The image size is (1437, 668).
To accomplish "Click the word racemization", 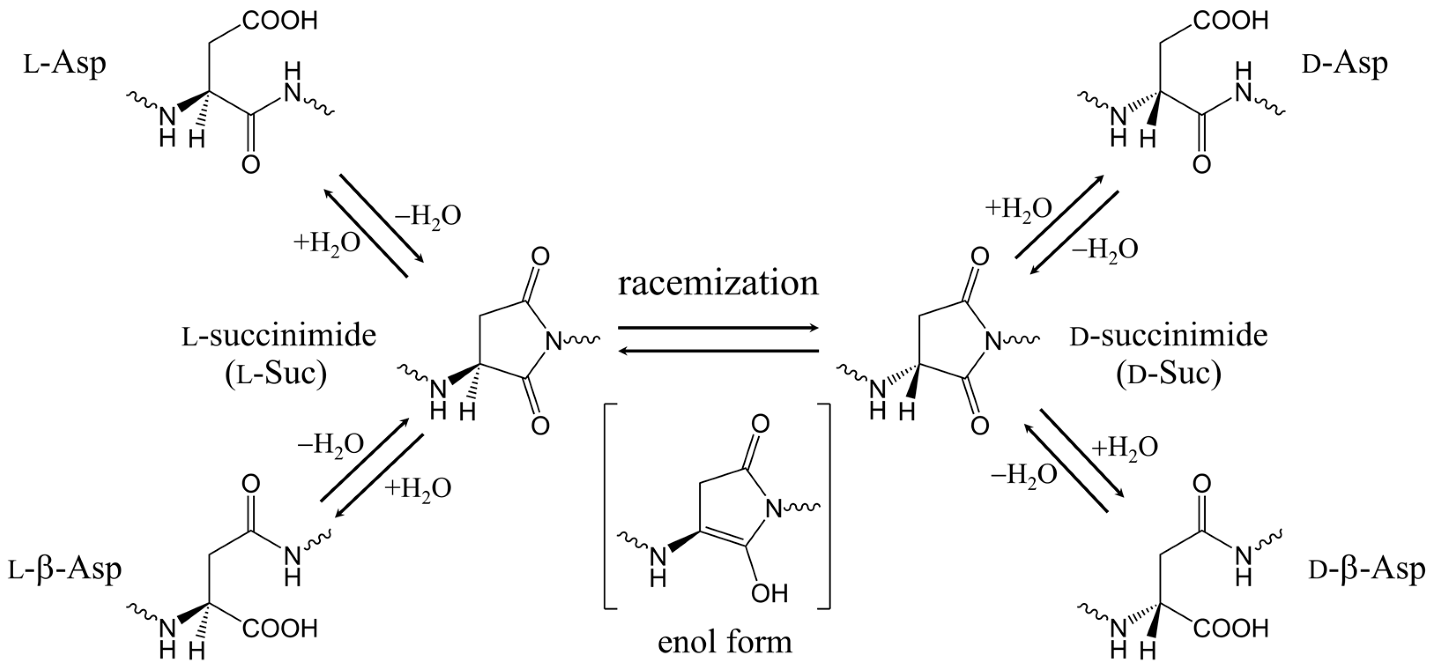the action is (x=718, y=284).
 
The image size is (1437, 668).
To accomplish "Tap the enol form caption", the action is (x=724, y=642).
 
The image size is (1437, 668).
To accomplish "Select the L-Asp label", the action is (x=65, y=65).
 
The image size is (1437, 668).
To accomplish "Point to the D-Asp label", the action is (x=1344, y=65).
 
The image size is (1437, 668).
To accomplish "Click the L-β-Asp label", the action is (x=65, y=570).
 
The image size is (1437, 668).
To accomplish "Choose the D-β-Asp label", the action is (x=1366, y=570).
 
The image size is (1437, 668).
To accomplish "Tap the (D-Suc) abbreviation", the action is (x=1168, y=374).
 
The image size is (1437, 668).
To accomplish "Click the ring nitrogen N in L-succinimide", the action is (x=553, y=341).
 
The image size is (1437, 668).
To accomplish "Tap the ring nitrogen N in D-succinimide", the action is (x=993, y=341).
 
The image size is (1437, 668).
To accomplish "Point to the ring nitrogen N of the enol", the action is (x=773, y=508).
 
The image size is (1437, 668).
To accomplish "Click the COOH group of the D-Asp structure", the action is (x=1230, y=21).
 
